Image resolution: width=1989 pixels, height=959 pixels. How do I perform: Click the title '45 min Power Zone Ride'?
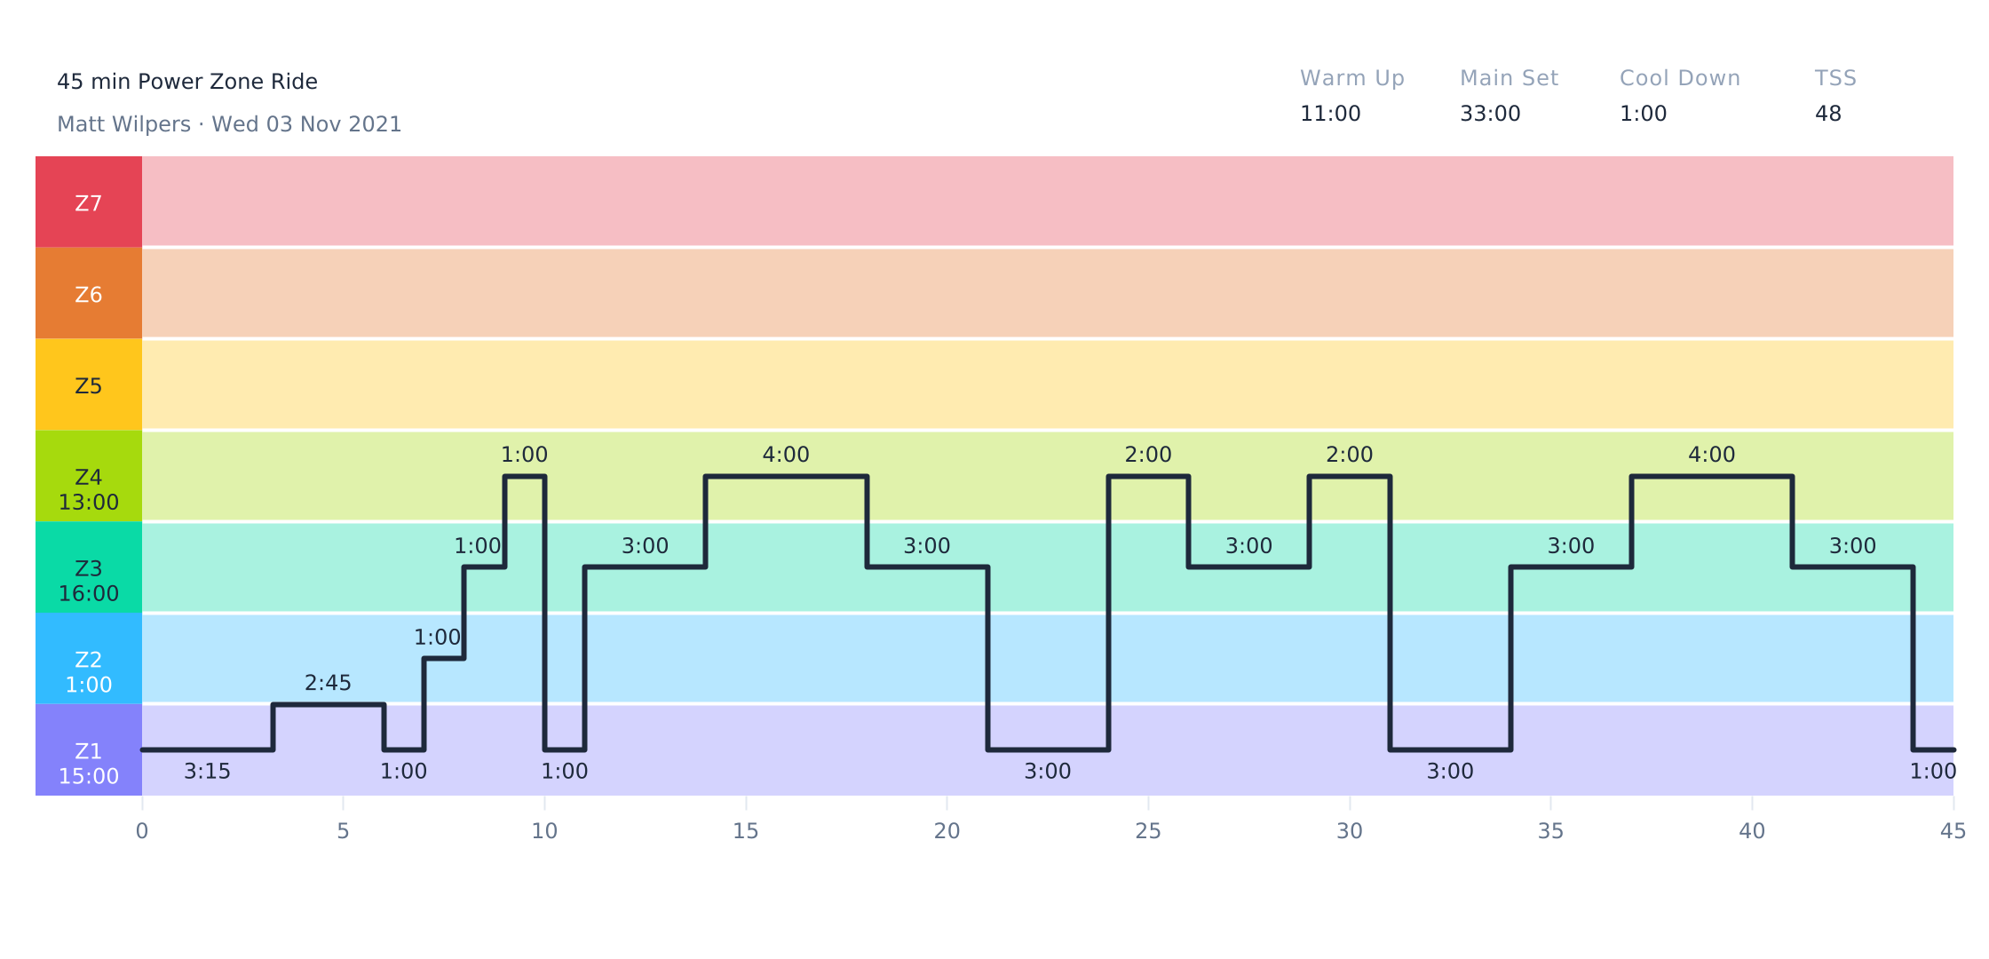tap(186, 82)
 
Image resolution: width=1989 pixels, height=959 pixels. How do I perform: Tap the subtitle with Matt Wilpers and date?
tap(229, 124)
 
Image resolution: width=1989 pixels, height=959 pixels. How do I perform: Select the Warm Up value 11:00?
tap(1329, 114)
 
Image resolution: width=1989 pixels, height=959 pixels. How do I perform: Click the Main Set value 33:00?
tap(1489, 114)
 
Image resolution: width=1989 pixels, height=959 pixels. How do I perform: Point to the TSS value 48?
tap(1827, 114)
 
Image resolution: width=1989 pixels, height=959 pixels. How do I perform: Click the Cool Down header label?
tap(1679, 78)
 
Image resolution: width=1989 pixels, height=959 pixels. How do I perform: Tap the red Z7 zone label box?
tap(89, 202)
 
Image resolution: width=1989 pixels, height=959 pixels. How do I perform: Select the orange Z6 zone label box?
tap(89, 294)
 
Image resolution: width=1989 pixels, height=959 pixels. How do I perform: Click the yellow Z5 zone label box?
tap(89, 385)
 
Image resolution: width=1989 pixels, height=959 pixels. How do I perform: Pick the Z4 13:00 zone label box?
tap(89, 489)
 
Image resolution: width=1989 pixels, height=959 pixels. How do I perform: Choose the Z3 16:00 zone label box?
tap(89, 581)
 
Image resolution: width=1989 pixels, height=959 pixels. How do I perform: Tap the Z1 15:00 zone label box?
tap(89, 763)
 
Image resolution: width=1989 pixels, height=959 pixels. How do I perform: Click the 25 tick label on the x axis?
tap(1148, 831)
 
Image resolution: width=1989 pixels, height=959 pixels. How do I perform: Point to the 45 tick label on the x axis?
tap(1953, 831)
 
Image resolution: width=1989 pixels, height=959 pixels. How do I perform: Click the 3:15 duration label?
tap(207, 772)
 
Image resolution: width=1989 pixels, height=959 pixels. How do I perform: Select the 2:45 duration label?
tap(328, 683)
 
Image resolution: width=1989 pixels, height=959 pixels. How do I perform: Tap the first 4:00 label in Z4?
tap(786, 455)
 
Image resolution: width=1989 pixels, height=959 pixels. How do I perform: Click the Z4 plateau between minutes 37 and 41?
tap(1711, 477)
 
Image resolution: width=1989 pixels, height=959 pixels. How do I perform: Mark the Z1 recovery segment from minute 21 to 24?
tap(1048, 749)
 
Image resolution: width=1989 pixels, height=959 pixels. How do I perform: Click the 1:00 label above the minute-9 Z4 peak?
tap(524, 455)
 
